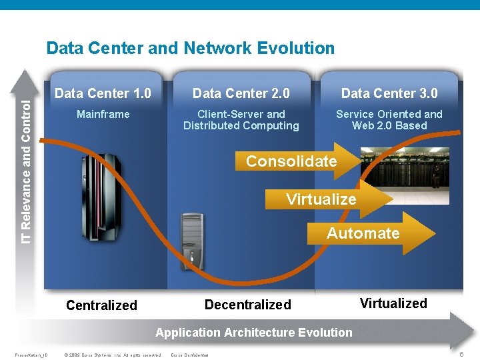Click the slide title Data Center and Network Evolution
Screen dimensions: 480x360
click(191, 48)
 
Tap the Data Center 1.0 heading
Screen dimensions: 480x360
click(103, 93)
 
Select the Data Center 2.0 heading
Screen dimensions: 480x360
click(241, 93)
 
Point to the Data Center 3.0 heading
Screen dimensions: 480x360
click(389, 93)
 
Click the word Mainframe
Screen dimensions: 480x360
click(103, 114)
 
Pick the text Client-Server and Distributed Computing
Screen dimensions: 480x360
click(241, 120)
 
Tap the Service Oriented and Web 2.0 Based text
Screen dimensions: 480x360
click(389, 120)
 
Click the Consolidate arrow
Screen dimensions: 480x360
click(293, 161)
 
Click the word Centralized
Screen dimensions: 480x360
click(101, 305)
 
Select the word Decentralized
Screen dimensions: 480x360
click(248, 305)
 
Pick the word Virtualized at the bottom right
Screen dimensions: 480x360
click(393, 303)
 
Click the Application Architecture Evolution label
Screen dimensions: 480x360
click(254, 332)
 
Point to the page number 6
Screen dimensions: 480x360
click(462, 354)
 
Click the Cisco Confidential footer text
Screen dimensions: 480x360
click(190, 355)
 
